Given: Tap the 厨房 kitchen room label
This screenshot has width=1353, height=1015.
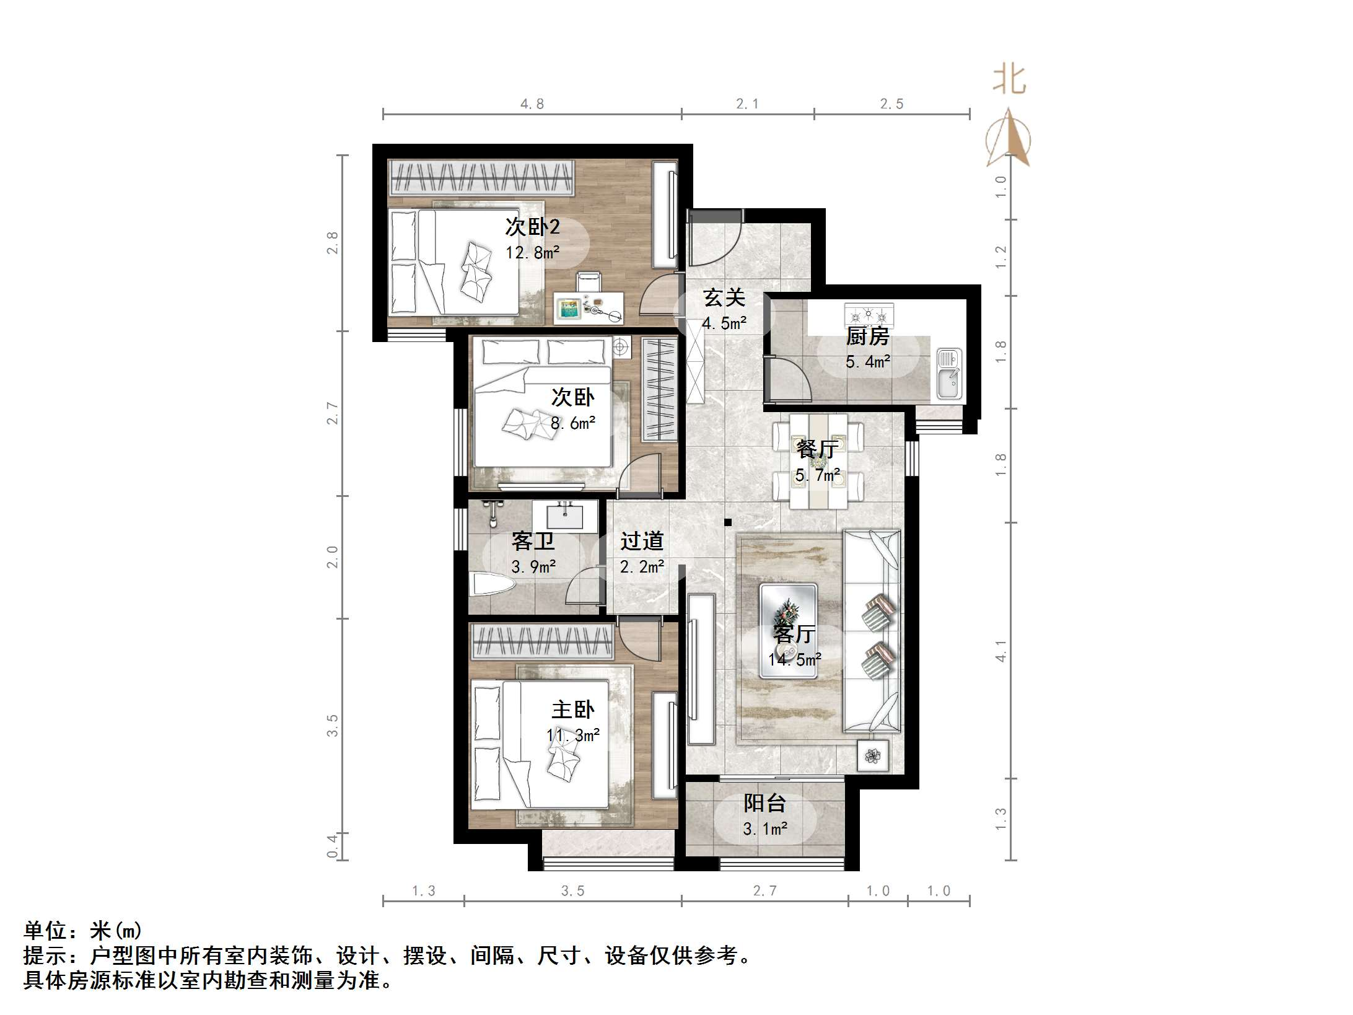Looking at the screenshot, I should pyautogui.click(x=867, y=336).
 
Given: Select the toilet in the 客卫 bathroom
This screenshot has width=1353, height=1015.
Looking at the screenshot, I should pyautogui.click(x=491, y=584).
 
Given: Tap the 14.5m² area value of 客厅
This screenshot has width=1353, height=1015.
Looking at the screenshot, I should pyautogui.click(x=795, y=660).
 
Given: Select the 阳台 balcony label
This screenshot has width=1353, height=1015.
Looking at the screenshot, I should pyautogui.click(x=764, y=803).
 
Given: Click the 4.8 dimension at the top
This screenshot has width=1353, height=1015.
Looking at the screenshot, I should pyautogui.click(x=532, y=104).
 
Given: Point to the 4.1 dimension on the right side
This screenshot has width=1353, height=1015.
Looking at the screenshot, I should pyautogui.click(x=1001, y=651).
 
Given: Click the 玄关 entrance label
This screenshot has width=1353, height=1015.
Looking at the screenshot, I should pyautogui.click(x=724, y=298).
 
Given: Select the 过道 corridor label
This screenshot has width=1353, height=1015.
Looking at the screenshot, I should pyautogui.click(x=642, y=541).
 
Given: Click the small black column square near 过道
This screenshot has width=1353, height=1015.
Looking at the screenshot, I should pyautogui.click(x=729, y=522).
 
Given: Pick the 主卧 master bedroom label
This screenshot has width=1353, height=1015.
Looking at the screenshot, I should pyautogui.click(x=572, y=710).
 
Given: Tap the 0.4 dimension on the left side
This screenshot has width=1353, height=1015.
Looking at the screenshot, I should pyautogui.click(x=333, y=846).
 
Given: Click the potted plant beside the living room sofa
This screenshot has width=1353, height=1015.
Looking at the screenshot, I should pyautogui.click(x=873, y=756).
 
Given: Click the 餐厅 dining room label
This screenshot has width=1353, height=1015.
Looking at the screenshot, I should pyautogui.click(x=817, y=449).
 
